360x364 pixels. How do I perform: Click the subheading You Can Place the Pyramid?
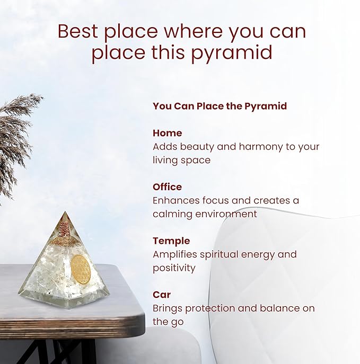tap(219, 106)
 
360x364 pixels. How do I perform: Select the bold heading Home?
tap(167, 133)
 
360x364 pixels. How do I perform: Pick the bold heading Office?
tap(167, 187)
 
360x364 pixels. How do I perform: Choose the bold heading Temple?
tap(171, 241)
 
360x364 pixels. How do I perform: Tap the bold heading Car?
tap(162, 295)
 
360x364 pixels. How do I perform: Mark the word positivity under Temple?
tap(174, 268)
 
